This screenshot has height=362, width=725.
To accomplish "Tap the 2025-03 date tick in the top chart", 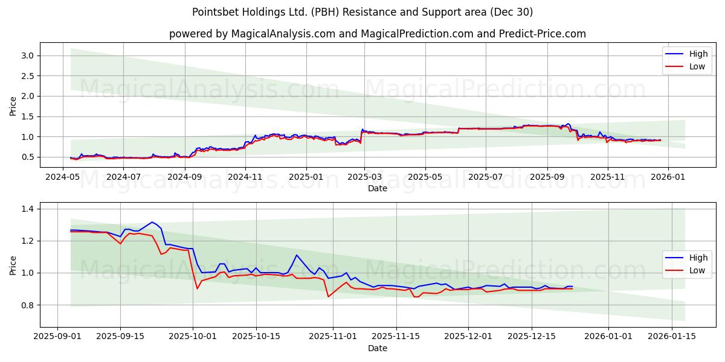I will pos(364,178).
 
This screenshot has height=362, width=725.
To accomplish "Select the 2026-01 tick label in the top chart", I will pos(668,178).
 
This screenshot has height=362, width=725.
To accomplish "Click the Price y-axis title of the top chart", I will pos(13,107).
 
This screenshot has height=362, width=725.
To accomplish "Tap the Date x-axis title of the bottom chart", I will pos(378,348).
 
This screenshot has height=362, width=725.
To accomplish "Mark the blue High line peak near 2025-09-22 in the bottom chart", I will pos(152,222).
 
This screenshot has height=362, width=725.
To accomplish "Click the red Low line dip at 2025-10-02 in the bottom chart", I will pos(197,288).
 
